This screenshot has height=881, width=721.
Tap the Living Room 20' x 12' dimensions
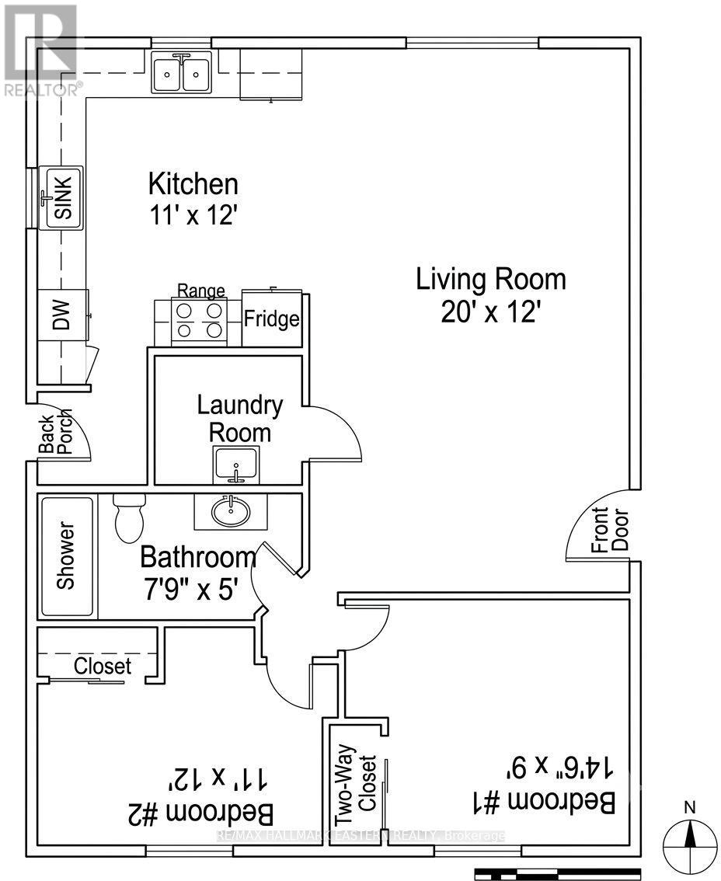click(490, 312)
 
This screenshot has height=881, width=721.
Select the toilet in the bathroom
click(129, 517)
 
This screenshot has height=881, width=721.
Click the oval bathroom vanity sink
click(231, 511)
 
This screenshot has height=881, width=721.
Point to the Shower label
click(66, 555)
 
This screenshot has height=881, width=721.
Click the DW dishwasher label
click(62, 315)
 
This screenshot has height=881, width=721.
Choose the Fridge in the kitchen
click(272, 318)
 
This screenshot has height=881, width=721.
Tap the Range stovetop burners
click(199, 321)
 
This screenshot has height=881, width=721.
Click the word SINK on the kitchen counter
click(64, 197)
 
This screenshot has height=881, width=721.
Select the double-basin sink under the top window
click(181, 73)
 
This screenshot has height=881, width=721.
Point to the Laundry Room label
click(240, 419)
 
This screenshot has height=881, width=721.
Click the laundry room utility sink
click(236, 465)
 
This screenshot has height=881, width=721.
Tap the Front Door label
click(609, 531)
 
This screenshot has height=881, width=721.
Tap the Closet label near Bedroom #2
click(103, 666)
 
